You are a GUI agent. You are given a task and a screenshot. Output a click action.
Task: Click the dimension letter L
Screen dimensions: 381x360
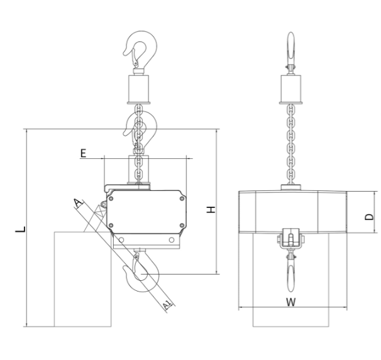tap(20, 229)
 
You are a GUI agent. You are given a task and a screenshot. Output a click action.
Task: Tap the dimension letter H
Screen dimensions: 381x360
tap(211, 210)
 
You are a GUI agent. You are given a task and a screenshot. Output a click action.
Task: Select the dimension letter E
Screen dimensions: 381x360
tap(84, 153)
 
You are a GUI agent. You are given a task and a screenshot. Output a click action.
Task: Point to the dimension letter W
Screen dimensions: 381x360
tap(291, 302)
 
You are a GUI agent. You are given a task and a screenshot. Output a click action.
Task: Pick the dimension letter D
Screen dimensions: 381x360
tap(369, 217)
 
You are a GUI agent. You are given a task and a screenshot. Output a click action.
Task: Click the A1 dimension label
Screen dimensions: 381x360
tap(167, 304)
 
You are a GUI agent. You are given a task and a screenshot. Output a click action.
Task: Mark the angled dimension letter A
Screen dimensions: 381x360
tap(78, 203)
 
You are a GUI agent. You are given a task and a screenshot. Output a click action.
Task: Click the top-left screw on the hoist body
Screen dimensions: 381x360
tap(111, 199)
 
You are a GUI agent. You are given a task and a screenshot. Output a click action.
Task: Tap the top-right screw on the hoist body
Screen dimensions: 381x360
tap(182, 199)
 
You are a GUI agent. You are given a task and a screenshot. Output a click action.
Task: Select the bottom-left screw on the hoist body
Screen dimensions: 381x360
tap(111, 226)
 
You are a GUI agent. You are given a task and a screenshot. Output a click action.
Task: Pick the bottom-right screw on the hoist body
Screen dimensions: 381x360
tap(182, 226)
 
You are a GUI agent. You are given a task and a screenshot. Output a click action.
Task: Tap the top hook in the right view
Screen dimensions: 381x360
tap(291, 50)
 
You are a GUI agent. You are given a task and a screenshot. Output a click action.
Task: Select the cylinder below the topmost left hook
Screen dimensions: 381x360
tap(138, 89)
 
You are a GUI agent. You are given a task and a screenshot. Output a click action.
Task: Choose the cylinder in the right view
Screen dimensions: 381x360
tap(291, 89)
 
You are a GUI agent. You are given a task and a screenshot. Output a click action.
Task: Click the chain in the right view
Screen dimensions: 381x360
tap(291, 145)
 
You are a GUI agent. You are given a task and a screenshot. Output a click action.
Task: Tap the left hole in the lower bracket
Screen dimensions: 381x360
tap(121, 240)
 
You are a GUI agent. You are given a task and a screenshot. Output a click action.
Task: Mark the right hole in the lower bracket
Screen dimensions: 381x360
tap(172, 240)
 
